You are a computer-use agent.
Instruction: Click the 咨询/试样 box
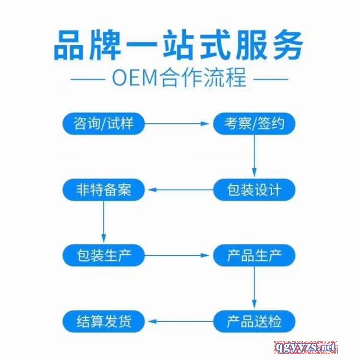tap(104, 124)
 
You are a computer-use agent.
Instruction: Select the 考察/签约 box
tap(254, 124)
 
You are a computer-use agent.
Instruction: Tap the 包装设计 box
tap(254, 190)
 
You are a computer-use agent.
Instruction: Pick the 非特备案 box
tap(104, 190)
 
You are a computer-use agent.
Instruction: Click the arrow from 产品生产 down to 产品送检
tap(254, 288)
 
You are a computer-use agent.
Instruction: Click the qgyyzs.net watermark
tap(306, 347)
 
